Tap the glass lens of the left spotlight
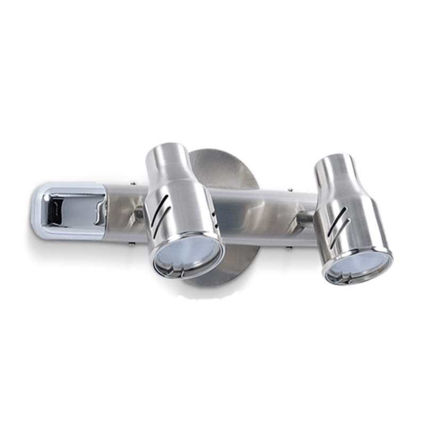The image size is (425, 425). [x=187, y=256]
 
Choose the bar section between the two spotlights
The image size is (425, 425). [x=260, y=212]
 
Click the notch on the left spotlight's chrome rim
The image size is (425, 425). [x=181, y=273]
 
